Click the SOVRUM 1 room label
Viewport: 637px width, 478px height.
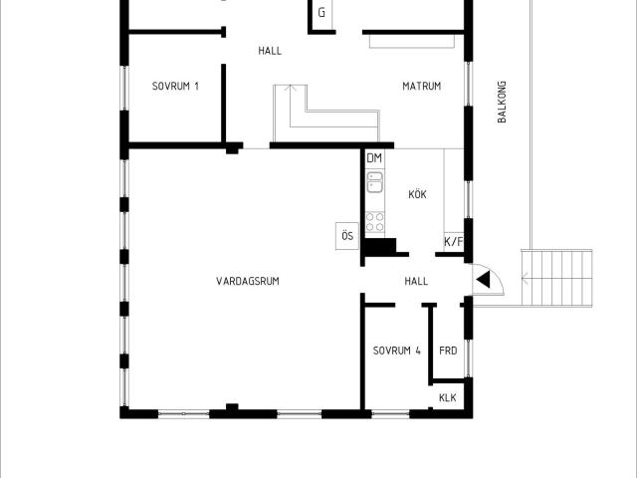pos(175,87)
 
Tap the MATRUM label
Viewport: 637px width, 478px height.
pos(422,87)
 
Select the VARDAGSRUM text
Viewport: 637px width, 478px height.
pos(248,281)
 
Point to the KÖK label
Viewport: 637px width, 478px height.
pos(418,194)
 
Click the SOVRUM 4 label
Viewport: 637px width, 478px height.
pos(397,351)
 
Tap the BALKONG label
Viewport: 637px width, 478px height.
pos(502,102)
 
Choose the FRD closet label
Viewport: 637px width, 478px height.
pos(448,351)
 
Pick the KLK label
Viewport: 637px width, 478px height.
pos(448,397)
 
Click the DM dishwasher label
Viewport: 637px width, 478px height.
pos(374,158)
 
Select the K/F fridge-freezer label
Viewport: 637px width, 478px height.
pos(454,242)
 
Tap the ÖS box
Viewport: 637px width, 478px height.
pos(347,236)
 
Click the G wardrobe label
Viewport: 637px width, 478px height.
pos(321,13)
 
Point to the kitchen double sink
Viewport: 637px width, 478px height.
pos(374,181)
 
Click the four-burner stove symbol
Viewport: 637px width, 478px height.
pos(374,221)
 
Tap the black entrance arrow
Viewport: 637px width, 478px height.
pos(484,280)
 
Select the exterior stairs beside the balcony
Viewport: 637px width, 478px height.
pos(556,279)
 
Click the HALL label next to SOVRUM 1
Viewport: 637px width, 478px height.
pos(270,51)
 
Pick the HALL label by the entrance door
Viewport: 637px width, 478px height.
pos(416,281)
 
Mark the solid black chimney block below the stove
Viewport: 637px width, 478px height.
pos(380,246)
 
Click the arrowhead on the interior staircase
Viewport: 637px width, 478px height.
pos(290,87)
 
